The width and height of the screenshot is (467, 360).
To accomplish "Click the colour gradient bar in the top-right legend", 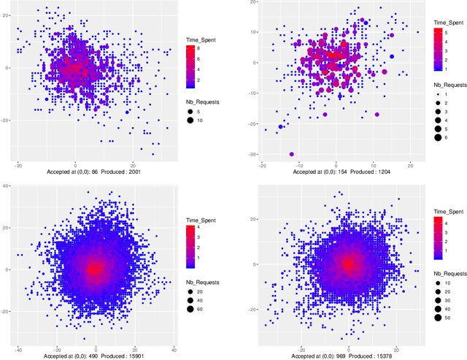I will [x=439, y=50].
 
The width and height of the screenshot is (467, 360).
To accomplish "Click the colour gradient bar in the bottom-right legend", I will [x=439, y=236].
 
